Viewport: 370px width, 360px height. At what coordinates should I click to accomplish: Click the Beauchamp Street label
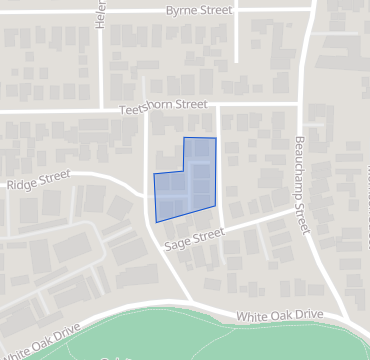[x=299, y=184]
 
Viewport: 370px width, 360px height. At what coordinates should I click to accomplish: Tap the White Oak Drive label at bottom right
[x=280, y=315]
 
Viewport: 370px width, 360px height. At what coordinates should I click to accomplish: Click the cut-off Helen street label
[x=101, y=14]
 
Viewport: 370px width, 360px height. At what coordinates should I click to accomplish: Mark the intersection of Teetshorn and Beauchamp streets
[x=298, y=103]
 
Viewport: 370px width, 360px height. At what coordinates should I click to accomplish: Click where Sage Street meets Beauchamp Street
[x=300, y=208]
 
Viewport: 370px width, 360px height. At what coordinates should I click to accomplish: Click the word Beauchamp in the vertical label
[x=299, y=171]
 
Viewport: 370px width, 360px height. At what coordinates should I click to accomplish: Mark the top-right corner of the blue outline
[x=215, y=137]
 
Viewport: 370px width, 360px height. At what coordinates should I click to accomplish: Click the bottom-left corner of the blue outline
[x=157, y=221]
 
